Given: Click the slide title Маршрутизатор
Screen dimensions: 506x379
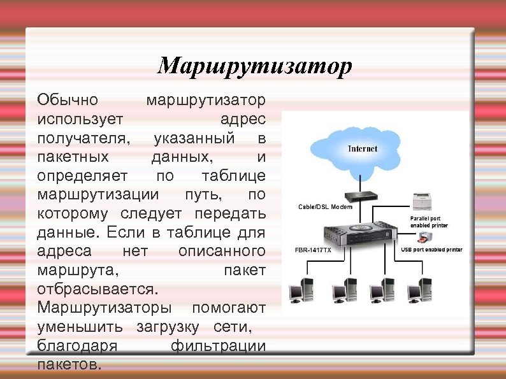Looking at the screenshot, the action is [254, 66].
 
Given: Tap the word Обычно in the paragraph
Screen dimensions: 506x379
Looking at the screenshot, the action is [68, 100].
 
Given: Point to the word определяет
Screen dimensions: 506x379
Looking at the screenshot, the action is [83, 175].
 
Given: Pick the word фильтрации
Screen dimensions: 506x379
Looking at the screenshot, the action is [218, 347].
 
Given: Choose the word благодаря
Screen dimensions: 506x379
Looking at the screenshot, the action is [77, 347].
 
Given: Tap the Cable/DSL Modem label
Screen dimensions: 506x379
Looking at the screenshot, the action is [325, 207].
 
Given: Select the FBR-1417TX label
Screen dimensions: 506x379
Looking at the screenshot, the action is [313, 250].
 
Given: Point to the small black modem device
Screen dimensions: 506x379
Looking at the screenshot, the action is [361, 196].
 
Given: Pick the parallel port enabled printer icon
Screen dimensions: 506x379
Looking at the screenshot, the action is [423, 201].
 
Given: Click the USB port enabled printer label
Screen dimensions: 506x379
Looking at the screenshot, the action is [431, 249].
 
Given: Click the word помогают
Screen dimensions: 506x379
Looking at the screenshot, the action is [229, 308].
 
